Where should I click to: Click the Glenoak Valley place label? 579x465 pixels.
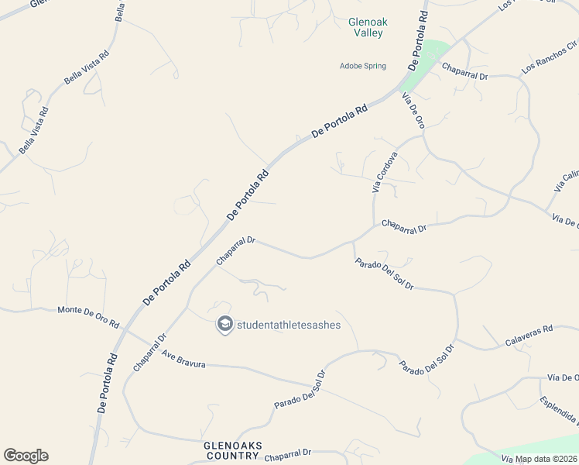tap(366, 28)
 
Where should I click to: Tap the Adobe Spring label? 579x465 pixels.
tap(362, 66)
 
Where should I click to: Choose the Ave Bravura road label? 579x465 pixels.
tap(183, 359)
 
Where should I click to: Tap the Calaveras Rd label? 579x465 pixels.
tap(529, 335)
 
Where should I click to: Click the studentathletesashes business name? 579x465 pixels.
tap(288, 325)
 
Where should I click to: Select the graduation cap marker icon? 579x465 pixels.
tap(224, 324)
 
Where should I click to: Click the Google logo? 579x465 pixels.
tap(26, 456)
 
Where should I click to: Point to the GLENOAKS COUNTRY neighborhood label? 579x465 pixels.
tap(231, 450)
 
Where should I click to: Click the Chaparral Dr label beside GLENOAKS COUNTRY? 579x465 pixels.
tap(287, 455)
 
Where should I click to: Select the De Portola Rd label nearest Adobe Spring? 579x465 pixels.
tap(339, 122)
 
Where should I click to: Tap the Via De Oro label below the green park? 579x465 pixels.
tap(413, 110)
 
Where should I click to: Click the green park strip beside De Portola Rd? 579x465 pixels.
tap(424, 65)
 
